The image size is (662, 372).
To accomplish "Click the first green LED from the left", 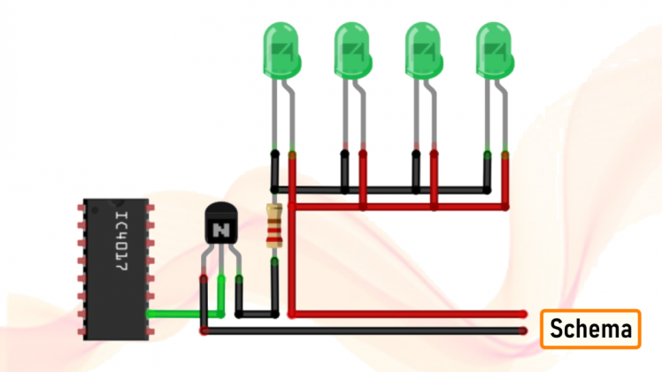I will pyautogui.click(x=283, y=49).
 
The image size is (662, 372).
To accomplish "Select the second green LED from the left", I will pyautogui.click(x=353, y=49).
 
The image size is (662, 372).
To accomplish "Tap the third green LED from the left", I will pyautogui.click(x=423, y=49).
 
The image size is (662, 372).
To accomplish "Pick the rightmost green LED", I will pyautogui.click(x=494, y=49).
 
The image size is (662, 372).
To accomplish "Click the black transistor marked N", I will pyautogui.click(x=221, y=225).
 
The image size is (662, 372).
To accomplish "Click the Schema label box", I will pyautogui.click(x=590, y=330).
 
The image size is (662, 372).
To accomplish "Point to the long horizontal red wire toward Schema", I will pyautogui.click(x=407, y=314).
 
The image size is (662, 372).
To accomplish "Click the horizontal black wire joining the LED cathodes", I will pyautogui.click(x=381, y=189).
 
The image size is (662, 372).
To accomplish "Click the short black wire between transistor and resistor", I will pyautogui.click(x=257, y=313).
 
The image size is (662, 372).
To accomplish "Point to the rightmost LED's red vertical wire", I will pyautogui.click(x=505, y=181).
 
